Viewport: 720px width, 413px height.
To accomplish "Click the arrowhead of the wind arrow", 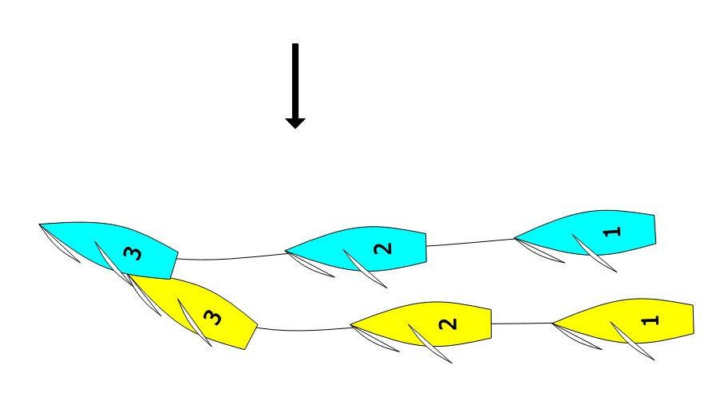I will point(295,122).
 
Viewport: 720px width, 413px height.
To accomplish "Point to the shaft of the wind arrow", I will point(295,80).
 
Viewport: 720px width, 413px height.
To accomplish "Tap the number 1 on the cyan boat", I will point(611,232).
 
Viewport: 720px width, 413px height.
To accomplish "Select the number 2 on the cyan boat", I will point(384,248).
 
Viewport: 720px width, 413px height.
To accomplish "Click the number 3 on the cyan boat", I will point(133,254).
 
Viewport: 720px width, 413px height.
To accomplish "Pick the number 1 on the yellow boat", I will point(651,320).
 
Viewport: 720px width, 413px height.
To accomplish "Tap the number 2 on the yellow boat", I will point(449,324).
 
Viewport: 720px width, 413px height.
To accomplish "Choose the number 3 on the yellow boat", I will point(212,318).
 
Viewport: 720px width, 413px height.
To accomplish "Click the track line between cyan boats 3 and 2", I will point(231,258).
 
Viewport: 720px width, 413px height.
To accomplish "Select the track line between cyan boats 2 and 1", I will point(471,243).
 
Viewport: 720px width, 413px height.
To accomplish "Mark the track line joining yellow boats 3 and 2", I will point(303,329).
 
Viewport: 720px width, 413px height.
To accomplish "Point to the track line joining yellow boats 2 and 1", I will point(522,323).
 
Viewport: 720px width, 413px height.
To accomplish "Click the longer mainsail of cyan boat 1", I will point(595,254).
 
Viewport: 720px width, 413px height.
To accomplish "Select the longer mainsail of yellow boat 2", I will point(431,344).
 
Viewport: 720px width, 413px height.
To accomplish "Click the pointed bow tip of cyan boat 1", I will point(516,238).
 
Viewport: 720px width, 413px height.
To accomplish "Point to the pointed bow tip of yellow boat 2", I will point(352,326).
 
